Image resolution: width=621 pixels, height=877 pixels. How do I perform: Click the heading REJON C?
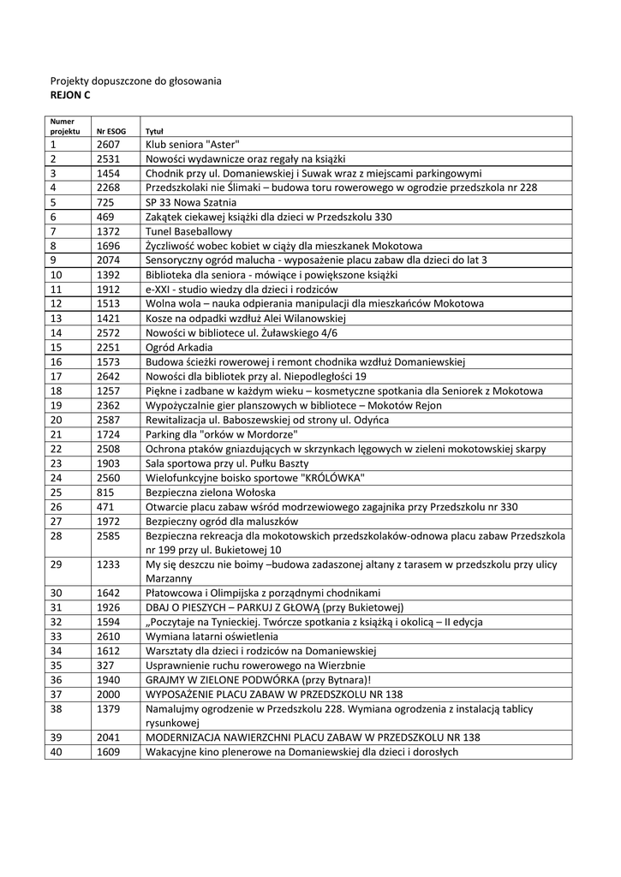pyautogui.click(x=70, y=95)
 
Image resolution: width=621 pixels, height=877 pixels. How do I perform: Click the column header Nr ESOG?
pyautogui.click(x=110, y=132)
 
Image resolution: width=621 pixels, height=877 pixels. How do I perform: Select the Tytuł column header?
pyautogui.click(x=155, y=132)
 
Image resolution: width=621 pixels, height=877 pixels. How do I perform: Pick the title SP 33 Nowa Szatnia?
pyautogui.click(x=189, y=202)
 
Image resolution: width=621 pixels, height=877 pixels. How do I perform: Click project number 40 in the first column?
pyautogui.click(x=57, y=752)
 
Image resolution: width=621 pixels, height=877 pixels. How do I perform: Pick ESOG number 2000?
pyautogui.click(x=108, y=694)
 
